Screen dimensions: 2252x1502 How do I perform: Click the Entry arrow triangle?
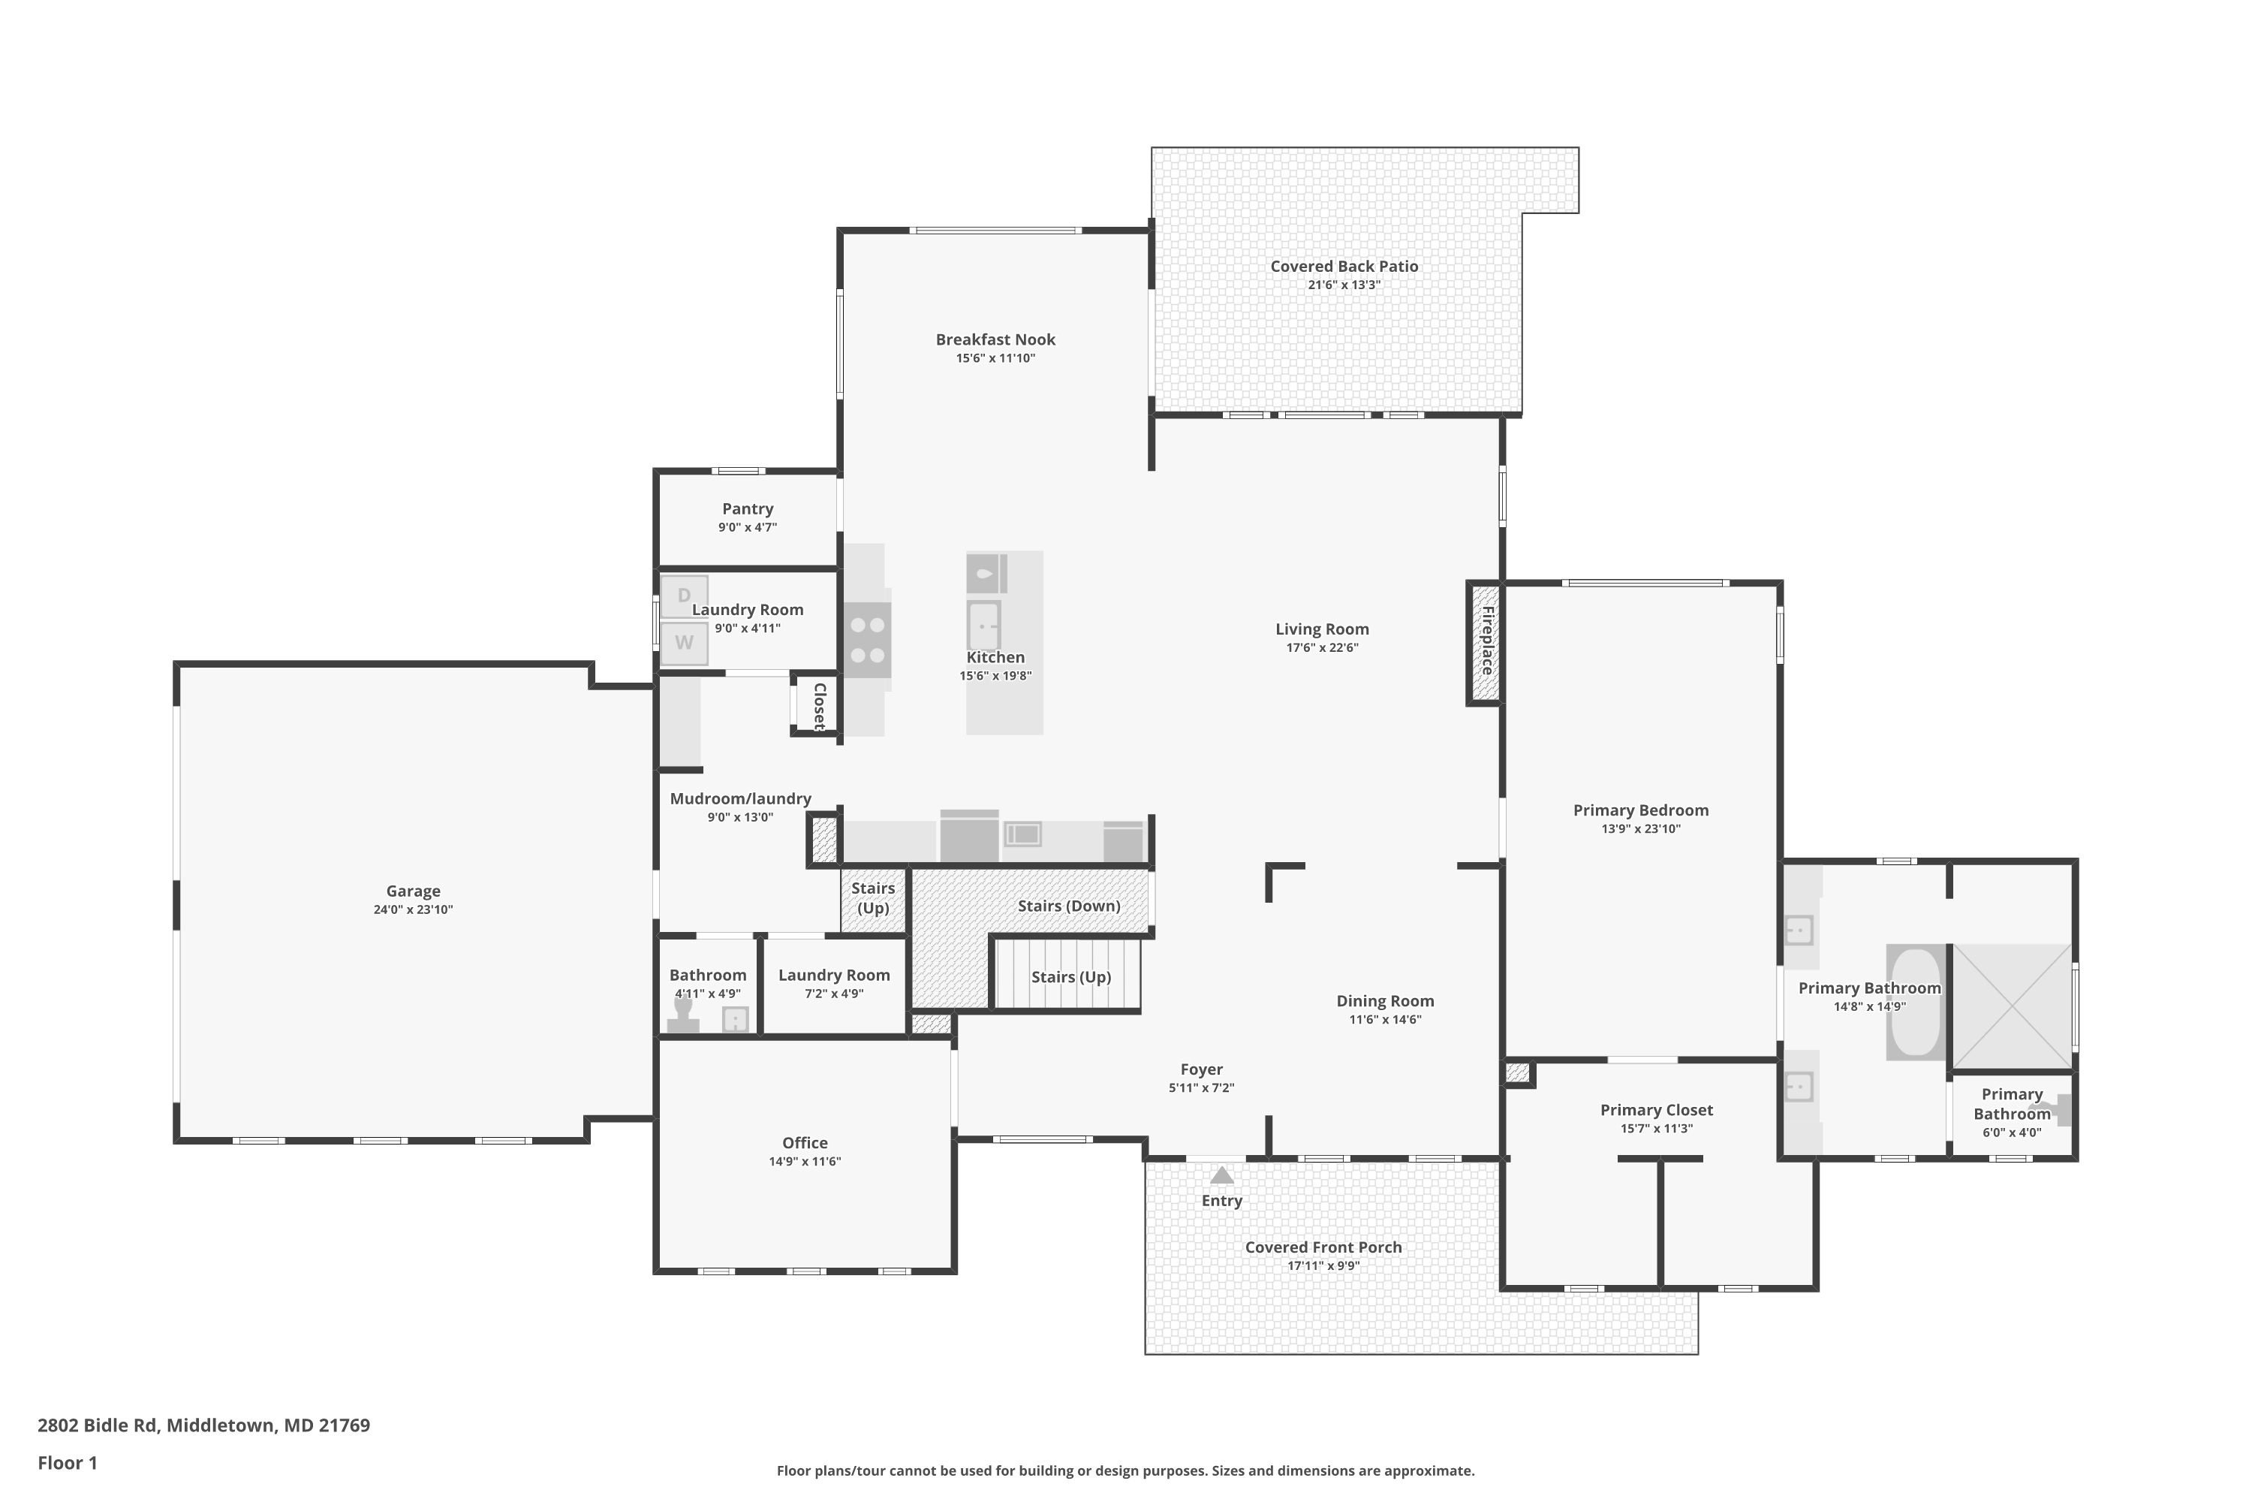point(1222,1175)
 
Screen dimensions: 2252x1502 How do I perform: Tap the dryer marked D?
point(685,596)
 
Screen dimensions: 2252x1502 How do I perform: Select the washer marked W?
point(685,643)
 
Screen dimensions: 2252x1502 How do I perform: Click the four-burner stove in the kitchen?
point(868,640)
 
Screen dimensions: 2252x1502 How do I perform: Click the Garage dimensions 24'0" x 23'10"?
point(413,910)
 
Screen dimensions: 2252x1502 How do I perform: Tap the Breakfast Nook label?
point(996,339)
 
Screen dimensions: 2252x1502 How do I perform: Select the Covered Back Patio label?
point(1344,267)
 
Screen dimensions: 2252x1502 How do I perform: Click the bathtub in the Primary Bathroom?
point(1915,1002)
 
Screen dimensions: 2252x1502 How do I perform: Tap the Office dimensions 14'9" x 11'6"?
point(805,1162)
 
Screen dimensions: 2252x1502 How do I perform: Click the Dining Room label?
point(1386,1001)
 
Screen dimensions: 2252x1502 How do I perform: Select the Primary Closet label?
point(1657,1110)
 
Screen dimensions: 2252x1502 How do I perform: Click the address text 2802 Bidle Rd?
point(97,1425)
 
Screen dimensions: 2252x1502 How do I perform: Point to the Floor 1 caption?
point(67,1463)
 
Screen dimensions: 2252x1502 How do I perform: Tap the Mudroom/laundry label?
point(740,799)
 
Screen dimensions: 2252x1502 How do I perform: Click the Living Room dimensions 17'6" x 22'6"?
point(1322,647)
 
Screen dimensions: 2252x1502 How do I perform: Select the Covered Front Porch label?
point(1323,1247)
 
